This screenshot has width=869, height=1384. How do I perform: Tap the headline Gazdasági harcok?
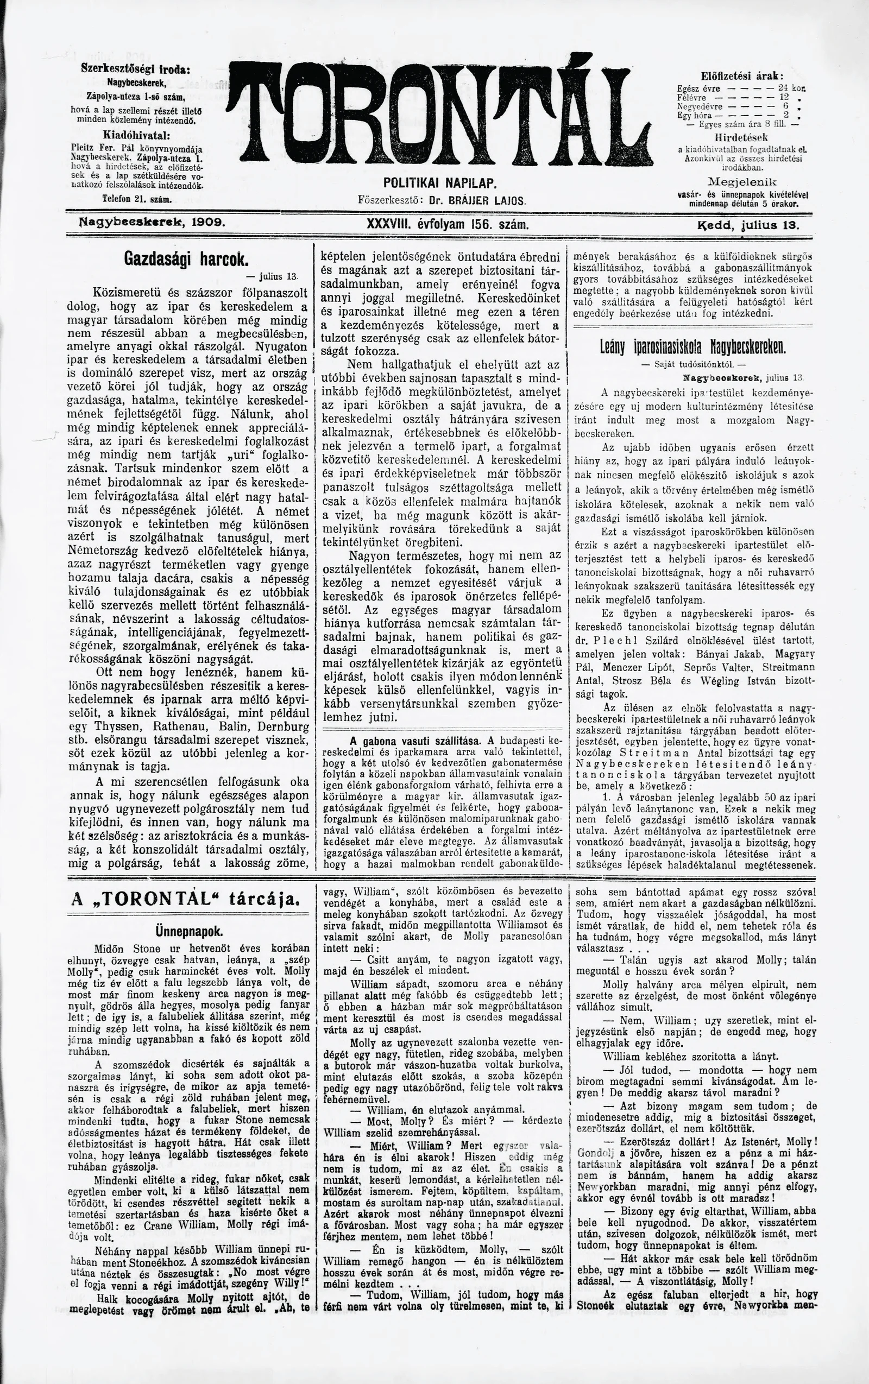[186, 258]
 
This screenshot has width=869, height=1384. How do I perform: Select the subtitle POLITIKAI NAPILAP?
[440, 184]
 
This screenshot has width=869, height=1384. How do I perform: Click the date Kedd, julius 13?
[748, 225]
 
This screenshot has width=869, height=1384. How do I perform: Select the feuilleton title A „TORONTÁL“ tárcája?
[185, 899]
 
